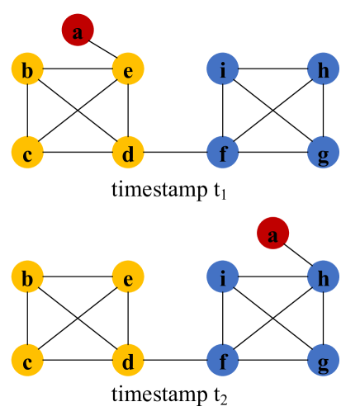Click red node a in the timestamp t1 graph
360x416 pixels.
tap(78, 31)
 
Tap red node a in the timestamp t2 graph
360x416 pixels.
tap(273, 236)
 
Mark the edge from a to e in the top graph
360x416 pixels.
tap(102, 51)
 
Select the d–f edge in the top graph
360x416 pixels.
tap(175, 153)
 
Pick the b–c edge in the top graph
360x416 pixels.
tap(28, 111)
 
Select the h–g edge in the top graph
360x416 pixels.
tap(323, 111)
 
